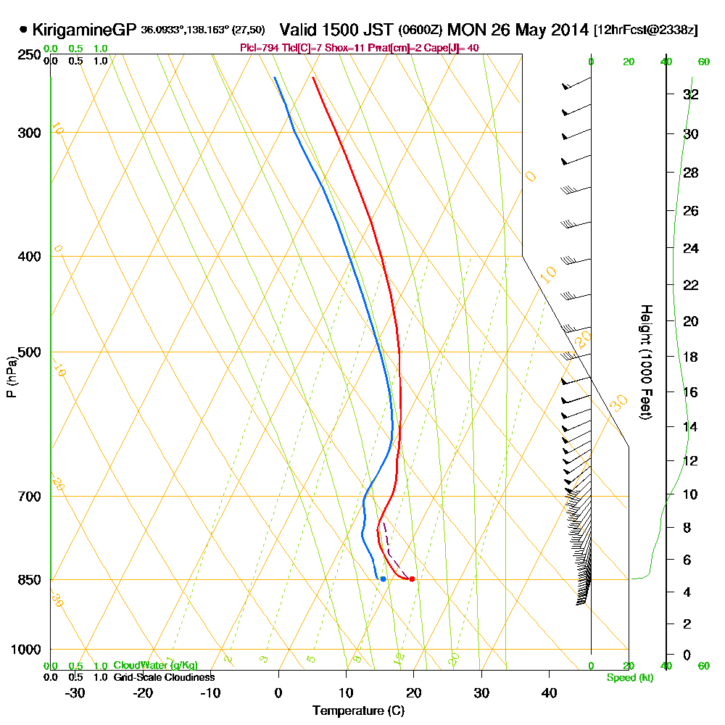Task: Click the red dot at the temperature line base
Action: (412, 579)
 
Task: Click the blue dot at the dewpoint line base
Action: (383, 579)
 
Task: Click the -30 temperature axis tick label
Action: (75, 692)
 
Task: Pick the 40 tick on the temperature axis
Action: (550, 692)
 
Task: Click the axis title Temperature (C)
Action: (358, 710)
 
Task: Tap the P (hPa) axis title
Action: (12, 377)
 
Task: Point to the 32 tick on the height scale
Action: (691, 94)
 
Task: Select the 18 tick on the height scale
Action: (691, 357)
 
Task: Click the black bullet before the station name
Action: (24, 30)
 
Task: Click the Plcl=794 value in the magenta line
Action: (260, 48)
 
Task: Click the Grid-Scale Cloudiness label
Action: (164, 677)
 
